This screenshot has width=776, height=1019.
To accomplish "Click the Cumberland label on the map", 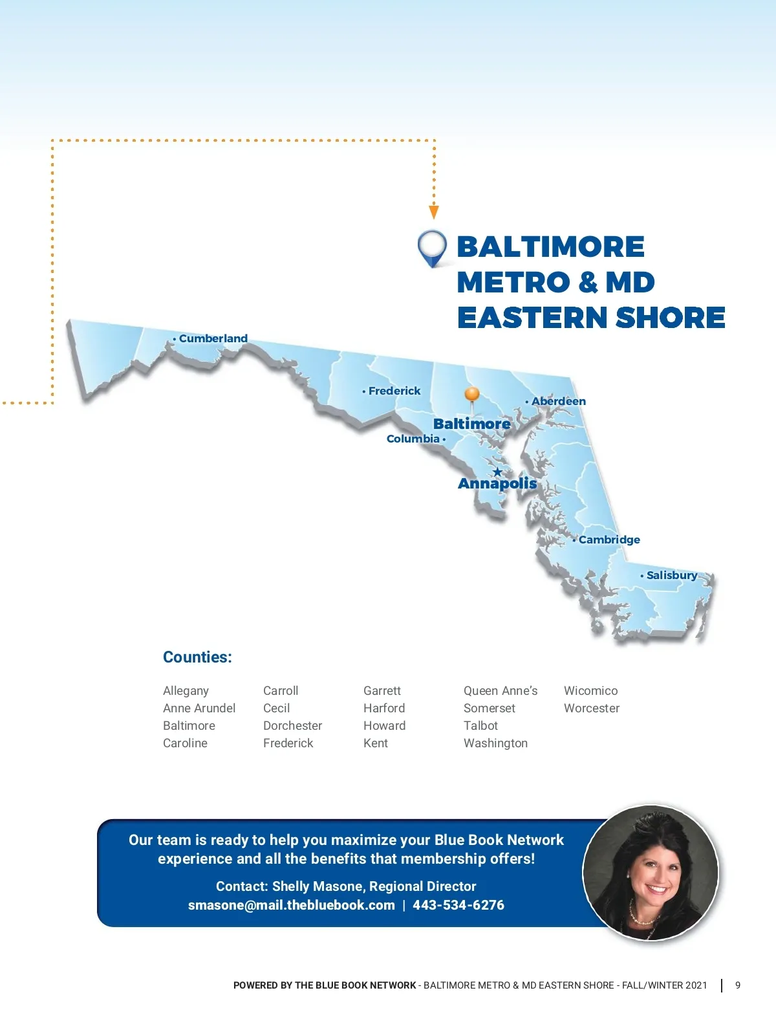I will (x=213, y=338).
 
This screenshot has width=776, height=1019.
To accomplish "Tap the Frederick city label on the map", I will (x=394, y=391).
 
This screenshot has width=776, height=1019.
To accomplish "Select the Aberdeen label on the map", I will (x=558, y=401).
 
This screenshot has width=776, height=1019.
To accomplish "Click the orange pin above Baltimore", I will (x=472, y=394).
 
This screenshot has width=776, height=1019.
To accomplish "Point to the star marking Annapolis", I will (x=497, y=472).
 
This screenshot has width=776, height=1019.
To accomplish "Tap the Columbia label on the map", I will (x=413, y=439).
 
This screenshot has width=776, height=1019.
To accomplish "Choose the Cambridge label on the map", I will (x=609, y=540).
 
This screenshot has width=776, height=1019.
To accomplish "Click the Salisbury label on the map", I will (x=671, y=575).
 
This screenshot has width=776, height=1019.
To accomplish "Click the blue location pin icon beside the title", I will (x=432, y=248).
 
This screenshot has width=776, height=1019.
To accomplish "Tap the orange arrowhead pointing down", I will (x=434, y=212).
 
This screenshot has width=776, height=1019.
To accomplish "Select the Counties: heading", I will (x=197, y=657).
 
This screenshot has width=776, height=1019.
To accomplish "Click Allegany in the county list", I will (x=186, y=691).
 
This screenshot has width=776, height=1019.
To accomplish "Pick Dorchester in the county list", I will (x=292, y=726).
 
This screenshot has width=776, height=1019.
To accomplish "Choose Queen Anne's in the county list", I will (x=501, y=691).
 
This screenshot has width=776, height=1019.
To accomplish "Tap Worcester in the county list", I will (x=592, y=708).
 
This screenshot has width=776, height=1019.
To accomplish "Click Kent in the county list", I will (x=376, y=743).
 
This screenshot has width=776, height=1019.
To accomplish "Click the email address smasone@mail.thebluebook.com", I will (x=291, y=905).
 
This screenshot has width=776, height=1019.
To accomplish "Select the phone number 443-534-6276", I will (x=458, y=905).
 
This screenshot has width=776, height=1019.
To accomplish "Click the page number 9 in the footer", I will (x=738, y=985).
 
